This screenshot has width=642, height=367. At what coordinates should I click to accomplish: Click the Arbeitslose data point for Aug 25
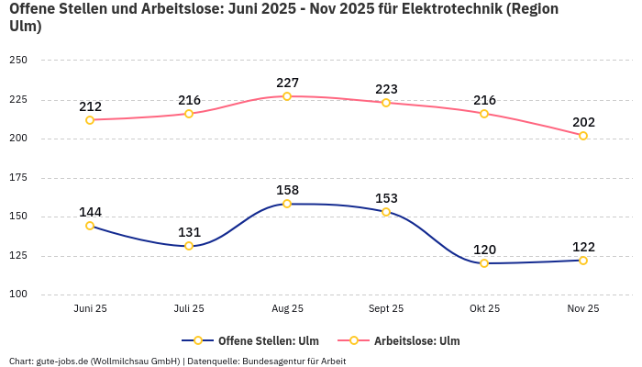click(287, 96)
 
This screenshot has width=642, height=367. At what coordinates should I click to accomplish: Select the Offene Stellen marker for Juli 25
click(189, 246)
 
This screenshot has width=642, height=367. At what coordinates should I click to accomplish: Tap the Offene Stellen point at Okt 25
click(484, 263)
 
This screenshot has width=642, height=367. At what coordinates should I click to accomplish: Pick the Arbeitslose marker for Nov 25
click(583, 136)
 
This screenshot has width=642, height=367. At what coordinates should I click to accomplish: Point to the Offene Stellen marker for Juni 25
click(90, 226)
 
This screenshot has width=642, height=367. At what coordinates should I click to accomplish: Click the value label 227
click(287, 83)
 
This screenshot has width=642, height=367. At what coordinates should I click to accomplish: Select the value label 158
click(287, 190)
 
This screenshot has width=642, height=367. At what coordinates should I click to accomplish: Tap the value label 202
click(583, 122)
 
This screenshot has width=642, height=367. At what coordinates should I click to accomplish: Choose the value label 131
click(189, 232)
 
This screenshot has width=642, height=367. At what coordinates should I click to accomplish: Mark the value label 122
click(583, 247)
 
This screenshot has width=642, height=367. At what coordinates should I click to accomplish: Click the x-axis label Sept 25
click(385, 309)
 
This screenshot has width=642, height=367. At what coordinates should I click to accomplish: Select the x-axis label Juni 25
click(90, 309)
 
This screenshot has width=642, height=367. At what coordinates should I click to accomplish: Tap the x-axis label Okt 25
click(484, 309)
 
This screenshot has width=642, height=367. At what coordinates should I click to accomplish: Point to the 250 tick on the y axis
click(18, 61)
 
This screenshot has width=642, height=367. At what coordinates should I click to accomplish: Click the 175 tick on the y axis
click(18, 178)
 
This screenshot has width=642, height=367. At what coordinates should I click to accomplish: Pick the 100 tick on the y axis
click(18, 295)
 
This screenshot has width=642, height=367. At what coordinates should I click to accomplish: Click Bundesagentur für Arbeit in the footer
click(293, 361)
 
